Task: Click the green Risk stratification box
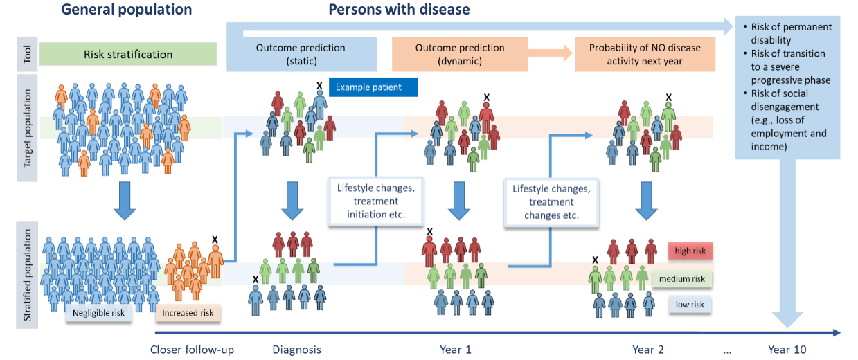tap(128, 54)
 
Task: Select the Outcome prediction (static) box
tap(301, 54)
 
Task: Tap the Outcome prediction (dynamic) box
tap(460, 54)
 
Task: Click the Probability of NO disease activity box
tap(644, 54)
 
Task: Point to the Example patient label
tap(373, 87)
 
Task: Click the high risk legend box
tap(690, 251)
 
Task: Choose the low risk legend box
tap(690, 305)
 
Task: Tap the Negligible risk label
tap(98, 313)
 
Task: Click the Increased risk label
tap(188, 313)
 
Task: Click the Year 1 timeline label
tap(455, 350)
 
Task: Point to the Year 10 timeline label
tap(787, 350)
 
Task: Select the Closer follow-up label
tap(192, 350)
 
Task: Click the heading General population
tap(126, 10)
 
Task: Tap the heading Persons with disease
tap(399, 10)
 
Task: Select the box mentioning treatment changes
tap(551, 202)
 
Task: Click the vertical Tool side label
tap(27, 54)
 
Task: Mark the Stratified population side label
tap(27, 274)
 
